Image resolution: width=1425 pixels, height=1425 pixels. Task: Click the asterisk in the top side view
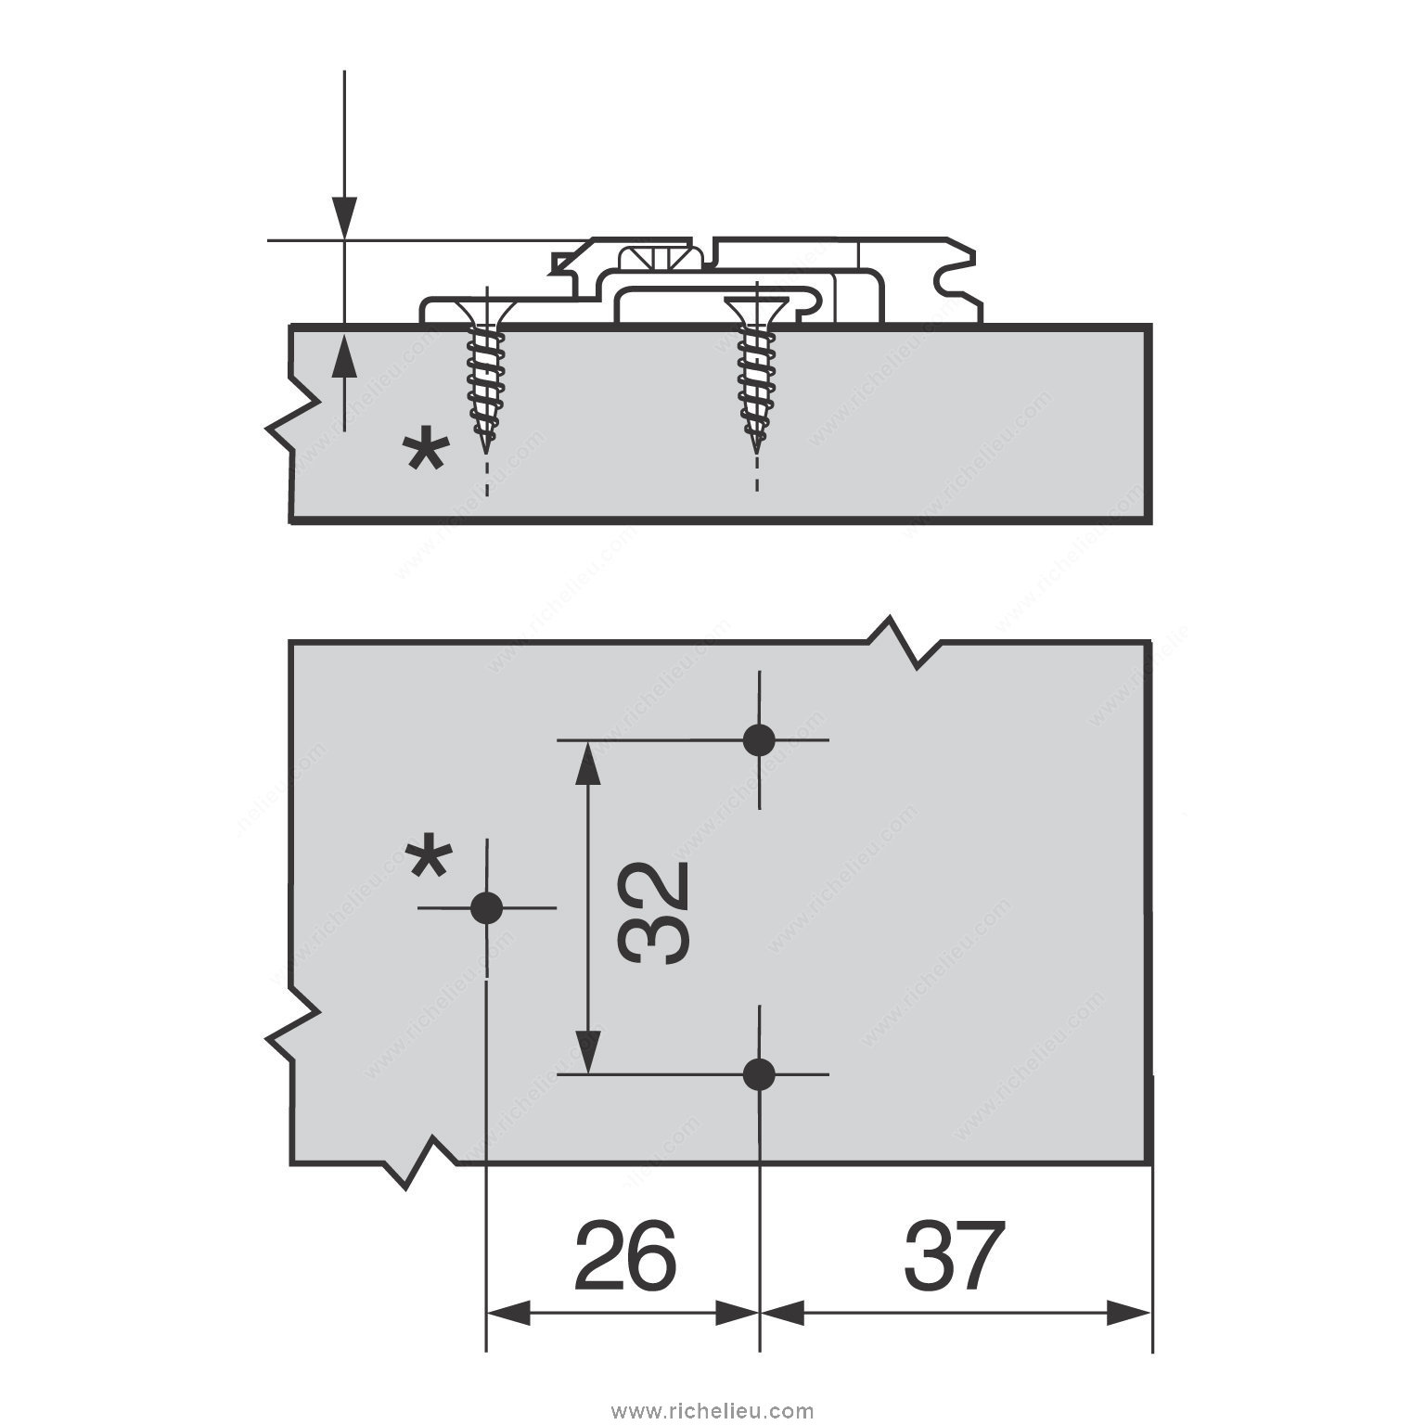426,456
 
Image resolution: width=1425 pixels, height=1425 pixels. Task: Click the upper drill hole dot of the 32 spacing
759,740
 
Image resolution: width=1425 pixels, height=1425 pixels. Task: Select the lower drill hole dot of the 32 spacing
759,1074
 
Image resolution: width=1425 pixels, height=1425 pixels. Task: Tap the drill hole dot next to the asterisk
486,908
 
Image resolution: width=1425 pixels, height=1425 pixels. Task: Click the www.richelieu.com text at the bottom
712,1411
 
